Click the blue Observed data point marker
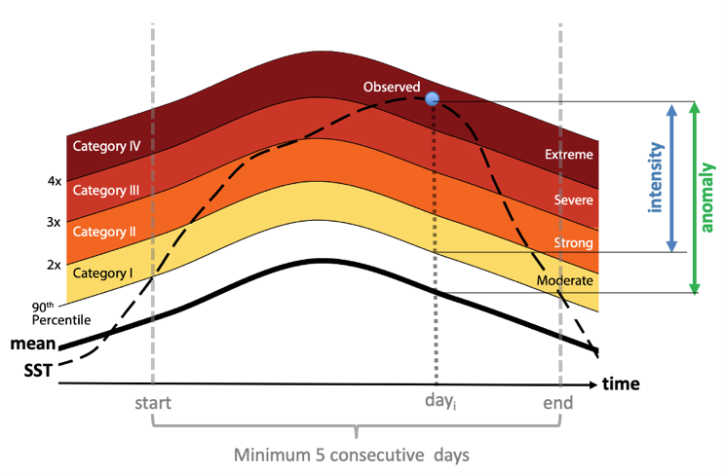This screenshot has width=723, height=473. (433, 98)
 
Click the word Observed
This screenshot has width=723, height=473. (392, 88)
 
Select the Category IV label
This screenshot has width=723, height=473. (107, 146)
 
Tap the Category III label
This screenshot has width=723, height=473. (106, 191)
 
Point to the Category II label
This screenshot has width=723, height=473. (105, 232)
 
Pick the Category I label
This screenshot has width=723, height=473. (102, 273)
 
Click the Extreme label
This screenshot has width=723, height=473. (569, 154)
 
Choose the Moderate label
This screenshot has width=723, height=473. (564, 281)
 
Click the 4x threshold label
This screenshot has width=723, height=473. (54, 181)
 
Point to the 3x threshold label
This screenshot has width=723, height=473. (54, 223)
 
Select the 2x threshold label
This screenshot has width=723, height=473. (54, 264)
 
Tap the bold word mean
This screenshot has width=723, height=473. (32, 344)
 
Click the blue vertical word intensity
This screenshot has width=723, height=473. (658, 177)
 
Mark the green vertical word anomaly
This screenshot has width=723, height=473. (708, 198)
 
